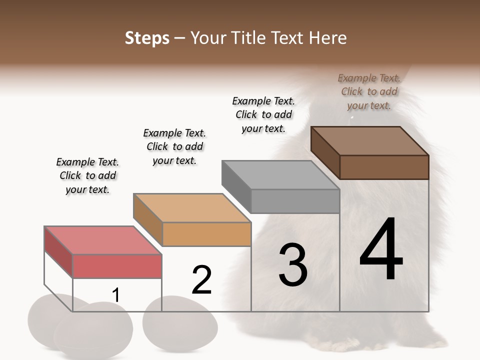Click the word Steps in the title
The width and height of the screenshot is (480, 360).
point(147,38)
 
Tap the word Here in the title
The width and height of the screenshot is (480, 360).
point(327,38)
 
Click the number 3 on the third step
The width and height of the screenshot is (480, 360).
point(292,265)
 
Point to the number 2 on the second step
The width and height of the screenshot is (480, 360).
point(201,280)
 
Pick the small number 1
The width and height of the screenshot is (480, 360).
point(116,295)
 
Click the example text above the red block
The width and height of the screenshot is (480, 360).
point(87,175)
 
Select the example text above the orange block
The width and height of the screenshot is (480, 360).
point(174,146)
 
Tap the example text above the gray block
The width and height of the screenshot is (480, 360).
point(263,114)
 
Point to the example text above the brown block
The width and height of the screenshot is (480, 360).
point(369,91)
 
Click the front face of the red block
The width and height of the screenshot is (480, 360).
point(117,266)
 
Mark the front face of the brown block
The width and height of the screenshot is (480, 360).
point(384,167)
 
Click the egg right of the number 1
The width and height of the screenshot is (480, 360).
point(180,320)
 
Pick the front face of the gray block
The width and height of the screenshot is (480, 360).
point(295,201)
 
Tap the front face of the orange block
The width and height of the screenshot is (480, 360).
point(206,234)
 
